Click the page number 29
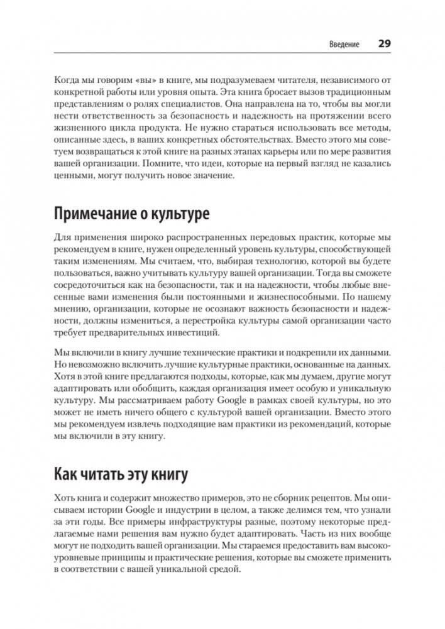pyautogui.click(x=385, y=44)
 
